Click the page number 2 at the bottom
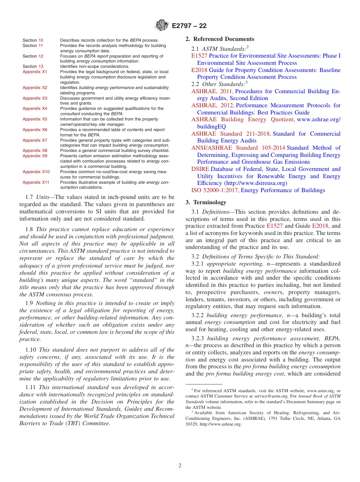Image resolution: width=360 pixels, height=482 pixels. (180, 465)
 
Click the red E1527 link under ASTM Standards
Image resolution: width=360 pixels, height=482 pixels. (199, 56)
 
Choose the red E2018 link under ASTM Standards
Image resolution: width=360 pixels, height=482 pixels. (199, 70)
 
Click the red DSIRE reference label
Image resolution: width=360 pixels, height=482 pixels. (200, 169)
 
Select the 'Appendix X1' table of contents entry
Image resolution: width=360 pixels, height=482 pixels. (35, 72)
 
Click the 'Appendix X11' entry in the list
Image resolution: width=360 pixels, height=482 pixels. (36, 182)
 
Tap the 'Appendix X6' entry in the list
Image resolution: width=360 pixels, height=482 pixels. (35, 130)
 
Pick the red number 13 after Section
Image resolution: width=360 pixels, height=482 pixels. (41, 66)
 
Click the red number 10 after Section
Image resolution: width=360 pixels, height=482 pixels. (41, 40)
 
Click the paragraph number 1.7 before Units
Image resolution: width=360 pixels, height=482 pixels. (30, 197)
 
